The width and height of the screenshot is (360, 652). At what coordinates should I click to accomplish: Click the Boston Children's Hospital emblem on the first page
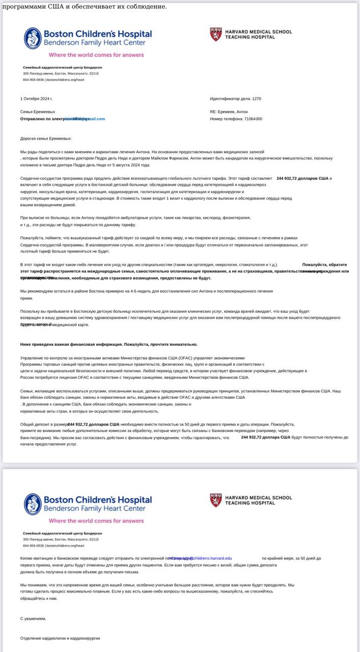click(x=33, y=38)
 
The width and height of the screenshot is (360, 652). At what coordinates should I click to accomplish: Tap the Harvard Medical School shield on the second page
click(x=216, y=500)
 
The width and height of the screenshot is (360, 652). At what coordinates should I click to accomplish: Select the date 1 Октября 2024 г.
click(x=37, y=98)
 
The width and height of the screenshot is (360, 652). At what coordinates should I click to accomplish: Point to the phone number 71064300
click(x=253, y=119)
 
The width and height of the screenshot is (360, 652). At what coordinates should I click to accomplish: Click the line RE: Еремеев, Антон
click(x=229, y=112)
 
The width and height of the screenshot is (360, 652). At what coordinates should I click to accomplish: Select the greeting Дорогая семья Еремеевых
click(x=46, y=139)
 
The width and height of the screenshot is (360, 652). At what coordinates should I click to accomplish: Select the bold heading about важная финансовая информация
click(x=108, y=344)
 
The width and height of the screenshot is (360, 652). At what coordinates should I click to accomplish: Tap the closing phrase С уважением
click(x=33, y=618)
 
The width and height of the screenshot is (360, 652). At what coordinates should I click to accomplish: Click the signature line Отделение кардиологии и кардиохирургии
click(x=60, y=638)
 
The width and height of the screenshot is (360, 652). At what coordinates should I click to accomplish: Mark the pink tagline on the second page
click(x=96, y=521)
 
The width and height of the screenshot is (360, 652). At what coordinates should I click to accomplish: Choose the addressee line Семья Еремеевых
click(x=38, y=112)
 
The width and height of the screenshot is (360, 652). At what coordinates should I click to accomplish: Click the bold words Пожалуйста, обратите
click(x=324, y=264)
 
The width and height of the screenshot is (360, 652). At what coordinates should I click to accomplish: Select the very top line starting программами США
click(x=84, y=7)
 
